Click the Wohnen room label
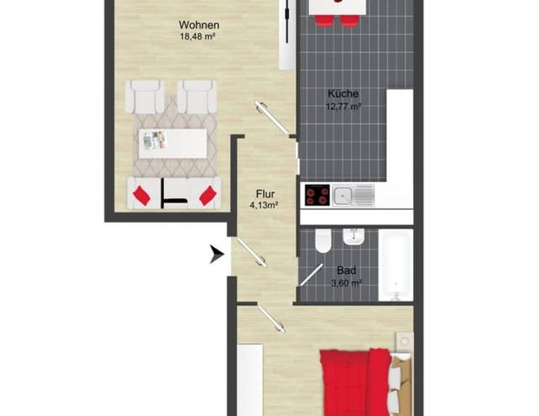click(198, 25)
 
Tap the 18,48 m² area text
click(198, 36)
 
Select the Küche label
click(344, 94)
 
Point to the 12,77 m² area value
click(344, 107)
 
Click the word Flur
click(266, 194)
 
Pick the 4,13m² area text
click(263, 205)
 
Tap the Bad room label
click(346, 270)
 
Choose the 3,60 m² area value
click(346, 282)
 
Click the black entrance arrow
click(215, 254)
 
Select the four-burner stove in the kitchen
click(317, 196)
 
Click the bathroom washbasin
click(352, 236)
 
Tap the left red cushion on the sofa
click(141, 196)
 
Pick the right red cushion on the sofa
click(207, 196)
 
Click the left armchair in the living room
click(145, 96)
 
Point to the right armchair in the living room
click(197, 96)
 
